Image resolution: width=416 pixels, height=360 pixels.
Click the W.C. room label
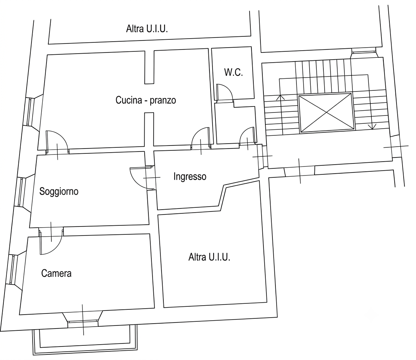click(x=233, y=72)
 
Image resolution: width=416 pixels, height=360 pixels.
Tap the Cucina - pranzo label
click(x=146, y=100)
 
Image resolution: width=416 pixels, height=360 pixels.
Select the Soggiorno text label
click(x=59, y=191)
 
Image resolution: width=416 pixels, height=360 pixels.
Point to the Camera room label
click(x=56, y=273)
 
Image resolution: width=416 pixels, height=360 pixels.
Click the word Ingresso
click(x=190, y=176)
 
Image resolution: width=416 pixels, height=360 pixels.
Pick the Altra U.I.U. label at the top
click(x=147, y=28)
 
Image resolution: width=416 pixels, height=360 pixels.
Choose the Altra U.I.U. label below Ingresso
click(x=209, y=257)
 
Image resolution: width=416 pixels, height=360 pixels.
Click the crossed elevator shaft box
click(x=326, y=112)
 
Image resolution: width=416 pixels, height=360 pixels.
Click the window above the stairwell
click(x=364, y=51)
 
